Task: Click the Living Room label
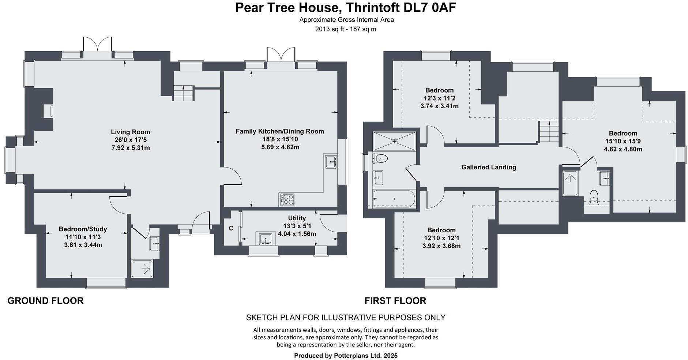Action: point(131,132)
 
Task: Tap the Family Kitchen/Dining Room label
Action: point(280,131)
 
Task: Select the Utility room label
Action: point(297,218)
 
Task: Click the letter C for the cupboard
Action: point(231,229)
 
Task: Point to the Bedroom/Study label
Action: point(83,229)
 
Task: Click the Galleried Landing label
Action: point(489,167)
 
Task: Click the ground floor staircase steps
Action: point(183,93)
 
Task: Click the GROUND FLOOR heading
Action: point(45,301)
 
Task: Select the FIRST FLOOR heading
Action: point(395,301)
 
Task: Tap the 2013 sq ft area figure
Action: point(327,29)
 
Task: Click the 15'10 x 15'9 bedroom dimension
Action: point(623,141)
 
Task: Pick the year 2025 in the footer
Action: point(390,356)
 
